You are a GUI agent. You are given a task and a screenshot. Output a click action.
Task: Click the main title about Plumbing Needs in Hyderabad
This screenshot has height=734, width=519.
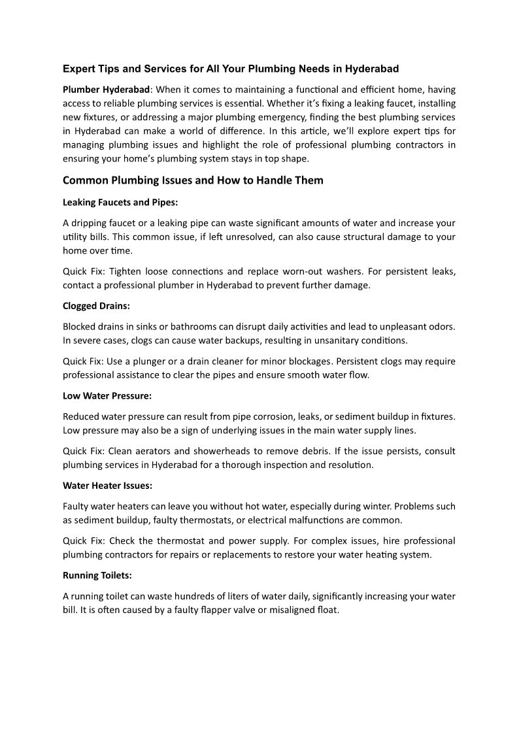pos(231,68)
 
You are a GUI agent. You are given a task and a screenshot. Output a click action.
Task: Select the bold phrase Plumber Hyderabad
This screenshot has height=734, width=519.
pos(106,89)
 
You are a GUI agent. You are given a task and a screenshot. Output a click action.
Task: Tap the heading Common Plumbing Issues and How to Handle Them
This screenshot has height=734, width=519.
pos(193,180)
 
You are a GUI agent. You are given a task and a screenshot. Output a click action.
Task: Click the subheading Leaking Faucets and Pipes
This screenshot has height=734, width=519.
pos(120,202)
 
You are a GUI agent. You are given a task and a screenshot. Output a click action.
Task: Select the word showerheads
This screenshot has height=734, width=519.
pos(252,451)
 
